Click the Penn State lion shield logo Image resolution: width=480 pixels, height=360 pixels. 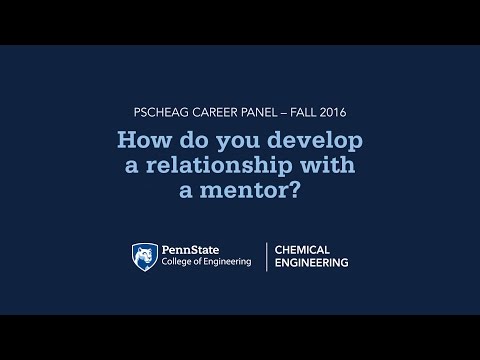pos(144,257)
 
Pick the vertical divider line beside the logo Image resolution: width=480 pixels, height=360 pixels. pos(266,256)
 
